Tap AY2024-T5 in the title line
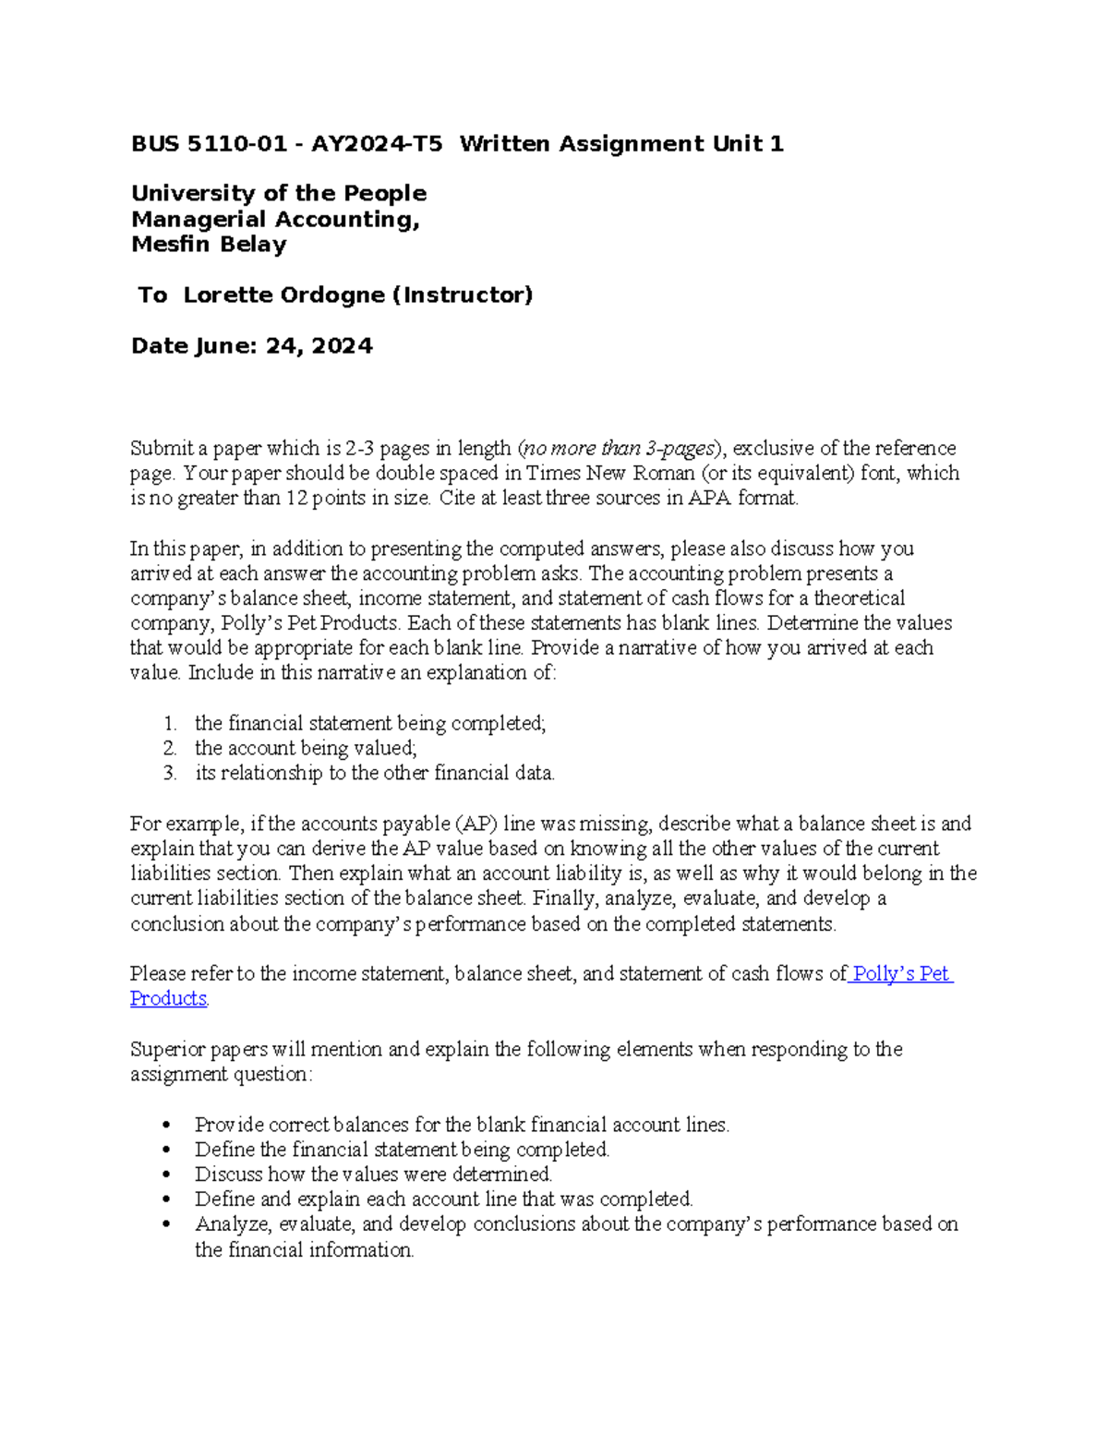(x=376, y=144)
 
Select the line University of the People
(x=278, y=194)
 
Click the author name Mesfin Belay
(x=209, y=245)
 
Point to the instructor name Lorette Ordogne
(x=283, y=295)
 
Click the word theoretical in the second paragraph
(x=859, y=598)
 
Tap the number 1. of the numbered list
(x=170, y=724)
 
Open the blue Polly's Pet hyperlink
(x=901, y=974)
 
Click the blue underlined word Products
(x=168, y=999)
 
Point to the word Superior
(x=166, y=1050)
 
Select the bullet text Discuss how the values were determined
(x=373, y=1175)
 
